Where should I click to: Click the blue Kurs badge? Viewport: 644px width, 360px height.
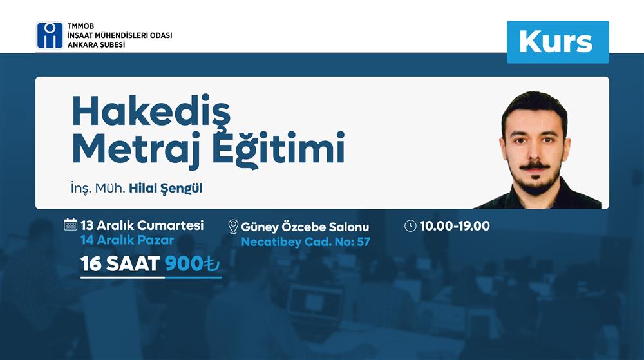pos(557,42)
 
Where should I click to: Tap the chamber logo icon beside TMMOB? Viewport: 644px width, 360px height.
pos(50,35)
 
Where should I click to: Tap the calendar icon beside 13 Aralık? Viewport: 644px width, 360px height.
pos(71,225)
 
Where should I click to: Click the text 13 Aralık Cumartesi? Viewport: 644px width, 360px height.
pos(142,225)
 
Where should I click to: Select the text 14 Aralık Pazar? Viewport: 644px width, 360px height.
pos(127,240)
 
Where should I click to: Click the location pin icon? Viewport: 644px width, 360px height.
pos(233,227)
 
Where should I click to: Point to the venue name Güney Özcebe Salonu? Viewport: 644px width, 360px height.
pos(305,227)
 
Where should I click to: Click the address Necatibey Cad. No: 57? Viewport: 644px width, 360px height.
pos(305,242)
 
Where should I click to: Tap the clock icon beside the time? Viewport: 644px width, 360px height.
pos(410,226)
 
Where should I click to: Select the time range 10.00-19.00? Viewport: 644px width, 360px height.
pos(454,226)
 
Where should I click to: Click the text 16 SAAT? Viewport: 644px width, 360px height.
pos(120,265)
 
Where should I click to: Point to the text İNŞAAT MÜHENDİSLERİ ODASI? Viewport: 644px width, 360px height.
pos(119,35)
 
